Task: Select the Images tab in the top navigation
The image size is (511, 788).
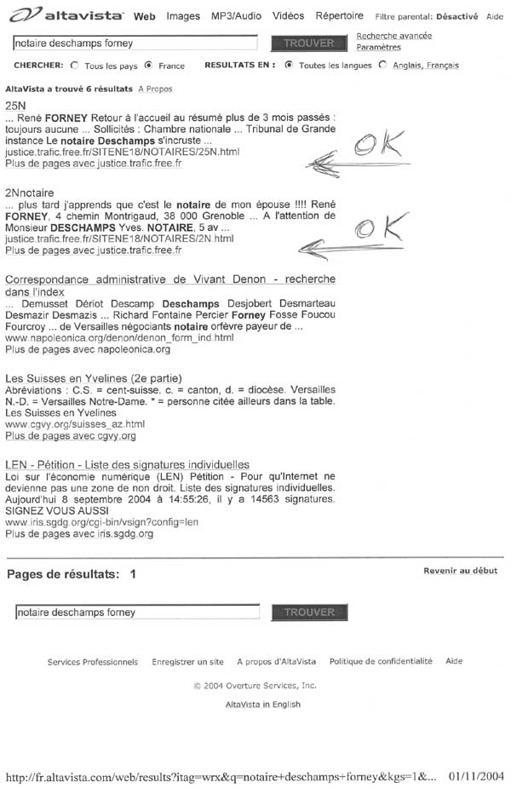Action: point(183,16)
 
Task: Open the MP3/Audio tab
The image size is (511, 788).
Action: point(237,16)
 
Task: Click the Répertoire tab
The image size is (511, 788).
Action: point(339,16)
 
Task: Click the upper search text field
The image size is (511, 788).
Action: point(135,43)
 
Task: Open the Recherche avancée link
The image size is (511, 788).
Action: point(393,36)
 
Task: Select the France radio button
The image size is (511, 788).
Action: point(148,66)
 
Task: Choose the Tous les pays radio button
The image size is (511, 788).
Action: point(75,66)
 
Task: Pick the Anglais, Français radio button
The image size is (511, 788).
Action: point(382,66)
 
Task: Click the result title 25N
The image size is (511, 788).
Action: point(14,105)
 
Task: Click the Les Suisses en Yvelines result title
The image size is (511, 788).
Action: point(93,378)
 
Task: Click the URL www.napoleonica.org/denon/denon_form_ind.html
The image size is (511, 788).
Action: point(119,338)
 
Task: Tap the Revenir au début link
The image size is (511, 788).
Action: point(460,571)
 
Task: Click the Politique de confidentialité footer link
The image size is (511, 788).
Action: point(381,661)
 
